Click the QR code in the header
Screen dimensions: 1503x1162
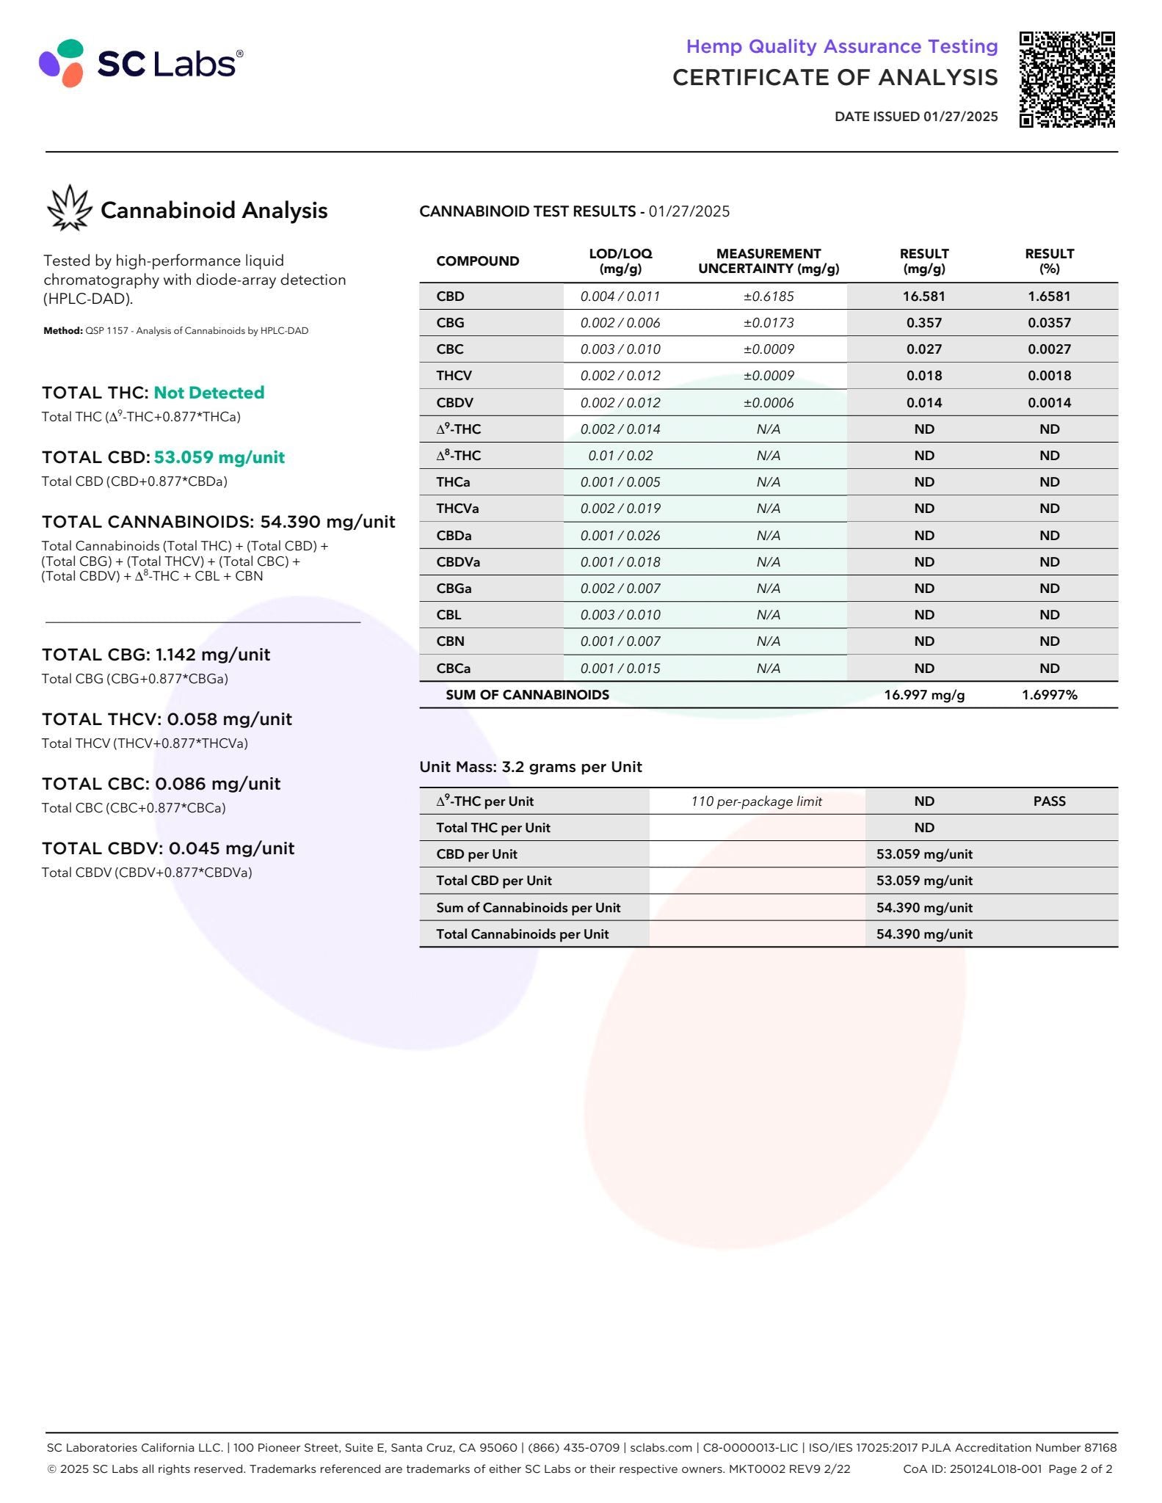(1067, 79)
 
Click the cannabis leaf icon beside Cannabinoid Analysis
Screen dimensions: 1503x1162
(69, 208)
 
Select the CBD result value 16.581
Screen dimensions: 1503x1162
(923, 296)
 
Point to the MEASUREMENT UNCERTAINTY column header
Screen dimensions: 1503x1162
(768, 261)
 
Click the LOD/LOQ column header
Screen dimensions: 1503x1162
(620, 261)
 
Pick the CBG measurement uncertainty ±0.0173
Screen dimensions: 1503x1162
(768, 323)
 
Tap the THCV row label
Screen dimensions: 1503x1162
(454, 376)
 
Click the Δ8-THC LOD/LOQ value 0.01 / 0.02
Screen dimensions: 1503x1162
(620, 456)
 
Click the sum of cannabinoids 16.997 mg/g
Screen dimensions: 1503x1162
(923, 695)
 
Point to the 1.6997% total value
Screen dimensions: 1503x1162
(1049, 695)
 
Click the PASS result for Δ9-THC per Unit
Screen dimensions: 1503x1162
(1049, 801)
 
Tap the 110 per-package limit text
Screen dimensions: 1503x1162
(756, 801)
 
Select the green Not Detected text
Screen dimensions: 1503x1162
(208, 393)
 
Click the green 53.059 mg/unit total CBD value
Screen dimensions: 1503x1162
(219, 457)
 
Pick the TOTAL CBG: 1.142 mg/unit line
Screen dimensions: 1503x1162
(156, 655)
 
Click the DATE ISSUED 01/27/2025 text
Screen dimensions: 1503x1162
(915, 116)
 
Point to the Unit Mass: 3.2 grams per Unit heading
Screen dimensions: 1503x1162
(530, 767)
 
